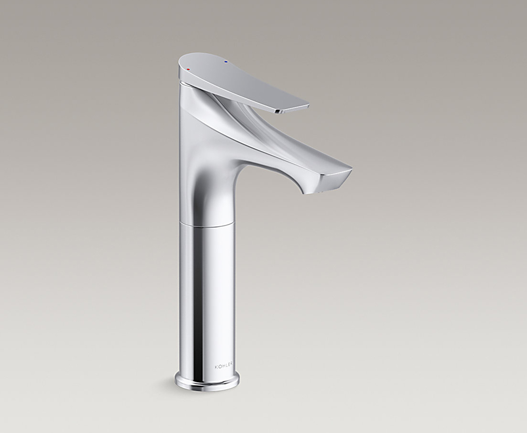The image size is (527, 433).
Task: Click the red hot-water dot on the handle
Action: pyautogui.click(x=188, y=69)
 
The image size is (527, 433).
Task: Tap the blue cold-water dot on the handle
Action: pyautogui.click(x=226, y=62)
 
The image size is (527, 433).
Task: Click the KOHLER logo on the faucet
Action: pyautogui.click(x=224, y=366)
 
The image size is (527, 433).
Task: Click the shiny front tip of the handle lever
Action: pyautogui.click(x=292, y=109)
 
